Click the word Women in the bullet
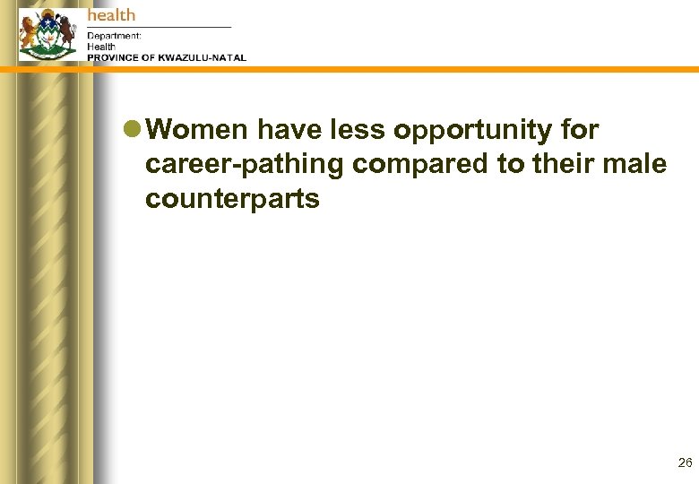196,131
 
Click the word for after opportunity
579,131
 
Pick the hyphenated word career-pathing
245,166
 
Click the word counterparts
232,199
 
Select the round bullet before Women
132,131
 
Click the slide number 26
685,463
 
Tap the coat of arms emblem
47,36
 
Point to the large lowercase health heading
111,14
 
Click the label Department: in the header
114,36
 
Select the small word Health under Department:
101,47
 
